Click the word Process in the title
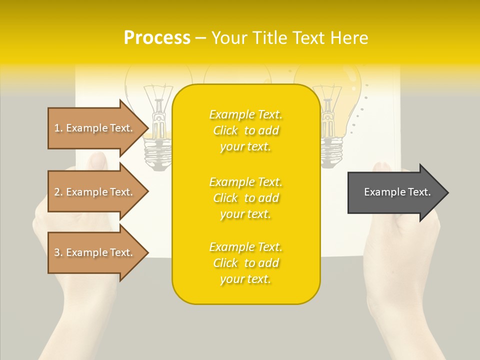(157, 37)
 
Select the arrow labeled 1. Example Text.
(95, 128)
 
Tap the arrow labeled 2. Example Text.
(95, 192)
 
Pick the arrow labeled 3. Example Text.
(95, 252)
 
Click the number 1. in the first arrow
(58, 128)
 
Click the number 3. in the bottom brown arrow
(58, 252)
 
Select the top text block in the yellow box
(245, 130)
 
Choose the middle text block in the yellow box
(245, 198)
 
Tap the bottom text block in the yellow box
(245, 263)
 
